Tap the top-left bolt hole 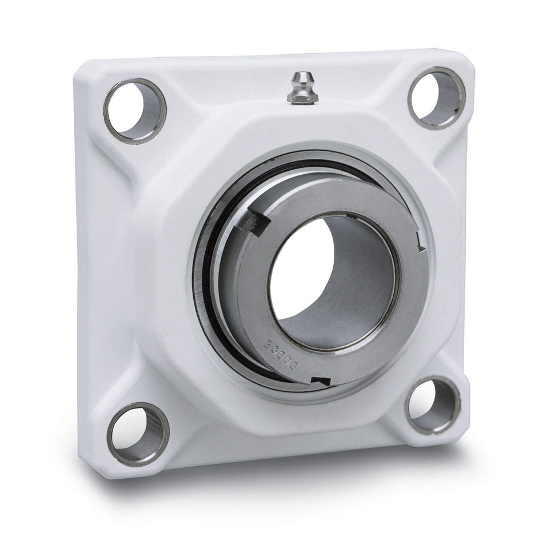(135, 110)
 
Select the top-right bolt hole (436, 98)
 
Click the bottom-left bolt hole (138, 434)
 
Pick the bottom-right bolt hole (432, 404)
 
